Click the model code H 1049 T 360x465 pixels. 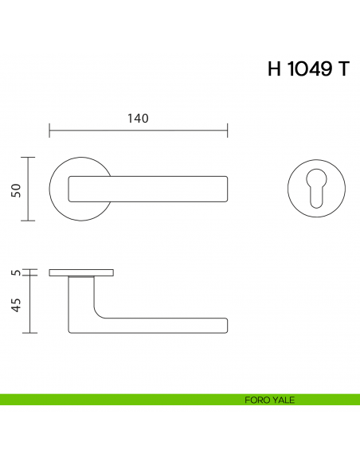307,69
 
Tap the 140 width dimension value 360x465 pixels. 138,119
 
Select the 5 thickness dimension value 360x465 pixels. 15,272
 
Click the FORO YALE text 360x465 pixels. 269,400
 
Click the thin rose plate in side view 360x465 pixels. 81,272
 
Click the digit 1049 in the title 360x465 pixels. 311,69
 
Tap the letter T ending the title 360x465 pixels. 343,69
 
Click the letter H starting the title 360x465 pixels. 276,69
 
